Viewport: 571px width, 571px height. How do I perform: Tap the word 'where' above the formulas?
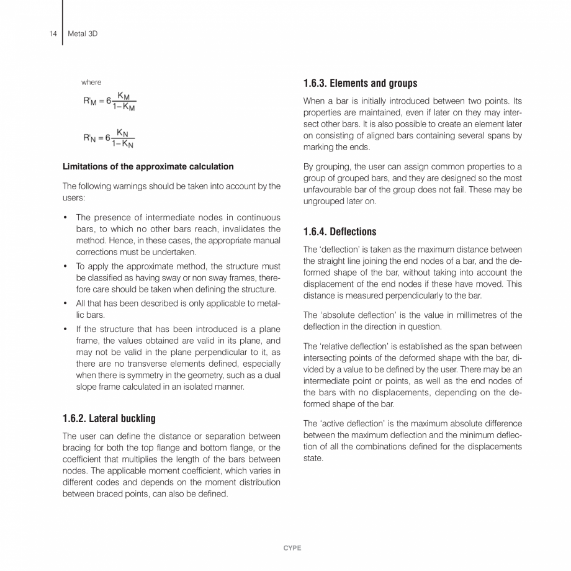91,82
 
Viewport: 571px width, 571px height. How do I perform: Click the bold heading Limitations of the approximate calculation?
148,166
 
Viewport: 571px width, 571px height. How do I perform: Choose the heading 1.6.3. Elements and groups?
359,83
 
